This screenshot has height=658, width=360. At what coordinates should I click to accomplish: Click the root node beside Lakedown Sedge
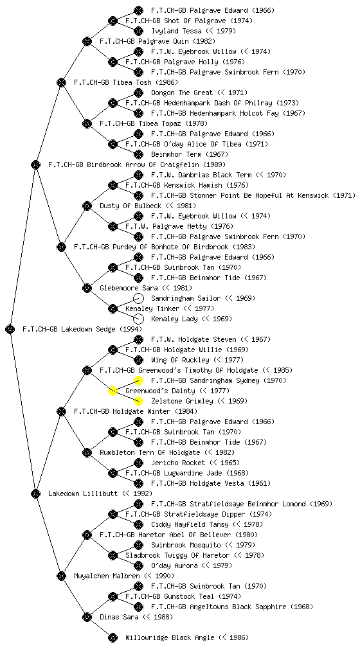point(10,329)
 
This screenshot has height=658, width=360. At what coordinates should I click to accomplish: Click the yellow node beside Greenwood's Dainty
point(113,391)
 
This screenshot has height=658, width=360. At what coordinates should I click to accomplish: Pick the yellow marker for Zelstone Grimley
point(138,401)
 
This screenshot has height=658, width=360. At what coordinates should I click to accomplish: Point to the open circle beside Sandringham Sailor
point(138,298)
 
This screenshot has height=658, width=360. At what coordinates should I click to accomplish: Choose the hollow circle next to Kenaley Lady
point(138,319)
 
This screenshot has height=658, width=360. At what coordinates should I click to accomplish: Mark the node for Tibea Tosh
point(61,82)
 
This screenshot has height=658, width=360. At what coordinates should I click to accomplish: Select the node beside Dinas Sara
point(87,617)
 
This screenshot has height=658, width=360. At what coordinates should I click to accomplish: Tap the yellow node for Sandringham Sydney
point(138,380)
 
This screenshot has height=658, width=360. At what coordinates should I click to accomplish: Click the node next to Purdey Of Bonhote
point(61,247)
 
